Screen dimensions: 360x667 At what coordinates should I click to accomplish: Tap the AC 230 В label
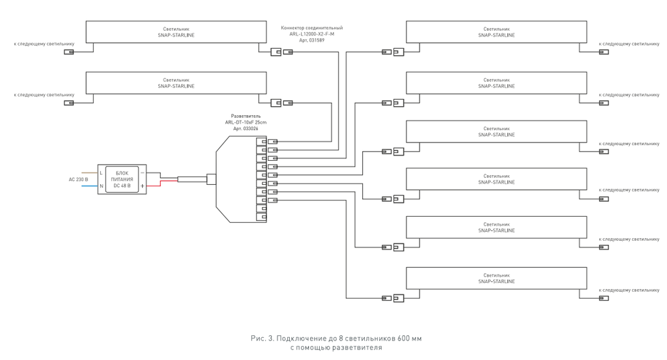coord(78,179)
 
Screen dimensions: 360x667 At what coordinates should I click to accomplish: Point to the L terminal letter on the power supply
coord(102,172)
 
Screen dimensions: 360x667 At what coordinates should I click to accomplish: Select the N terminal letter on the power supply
coord(102,186)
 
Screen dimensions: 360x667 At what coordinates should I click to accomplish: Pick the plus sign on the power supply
coord(142,186)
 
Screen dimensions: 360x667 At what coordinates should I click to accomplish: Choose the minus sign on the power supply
coord(142,172)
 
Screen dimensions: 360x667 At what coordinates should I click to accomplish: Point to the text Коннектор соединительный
coord(311,28)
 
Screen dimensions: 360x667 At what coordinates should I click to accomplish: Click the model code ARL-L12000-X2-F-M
coord(311,35)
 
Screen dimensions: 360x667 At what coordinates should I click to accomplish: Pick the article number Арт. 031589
coord(311,40)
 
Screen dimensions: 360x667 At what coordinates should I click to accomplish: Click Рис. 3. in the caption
coord(261,339)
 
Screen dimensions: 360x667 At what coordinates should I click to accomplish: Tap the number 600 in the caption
coord(402,339)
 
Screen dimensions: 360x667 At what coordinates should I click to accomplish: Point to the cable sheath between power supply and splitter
coord(192,179)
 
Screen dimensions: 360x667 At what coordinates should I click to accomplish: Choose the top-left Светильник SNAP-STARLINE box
coord(176,32)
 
